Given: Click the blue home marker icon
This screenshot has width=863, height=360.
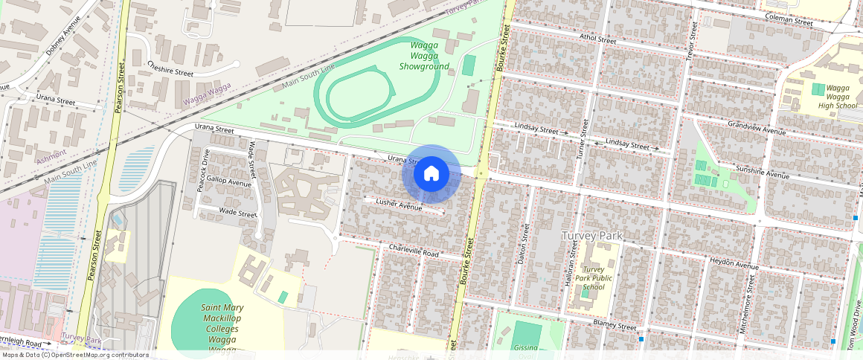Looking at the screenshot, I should pyautogui.click(x=431, y=174).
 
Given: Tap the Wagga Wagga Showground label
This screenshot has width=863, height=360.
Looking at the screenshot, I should pyautogui.click(x=424, y=56).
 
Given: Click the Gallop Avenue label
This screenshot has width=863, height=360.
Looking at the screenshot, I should pyautogui.click(x=229, y=181).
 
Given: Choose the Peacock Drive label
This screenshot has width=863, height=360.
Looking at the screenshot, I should pyautogui.click(x=204, y=170).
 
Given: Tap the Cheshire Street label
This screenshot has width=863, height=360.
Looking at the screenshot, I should pyautogui.click(x=170, y=69).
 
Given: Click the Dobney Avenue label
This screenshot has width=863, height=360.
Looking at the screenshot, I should pyautogui.click(x=62, y=37).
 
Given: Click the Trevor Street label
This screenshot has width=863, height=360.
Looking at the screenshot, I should pyautogui.click(x=691, y=41).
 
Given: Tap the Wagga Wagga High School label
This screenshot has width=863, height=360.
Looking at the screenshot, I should pyautogui.click(x=838, y=97).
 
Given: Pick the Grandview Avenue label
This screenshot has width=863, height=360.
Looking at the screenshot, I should pyautogui.click(x=756, y=128).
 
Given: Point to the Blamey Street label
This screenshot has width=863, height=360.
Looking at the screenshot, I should pyautogui.click(x=615, y=326).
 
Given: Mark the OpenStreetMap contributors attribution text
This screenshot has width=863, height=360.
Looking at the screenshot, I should pyautogui.click(x=74, y=355).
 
